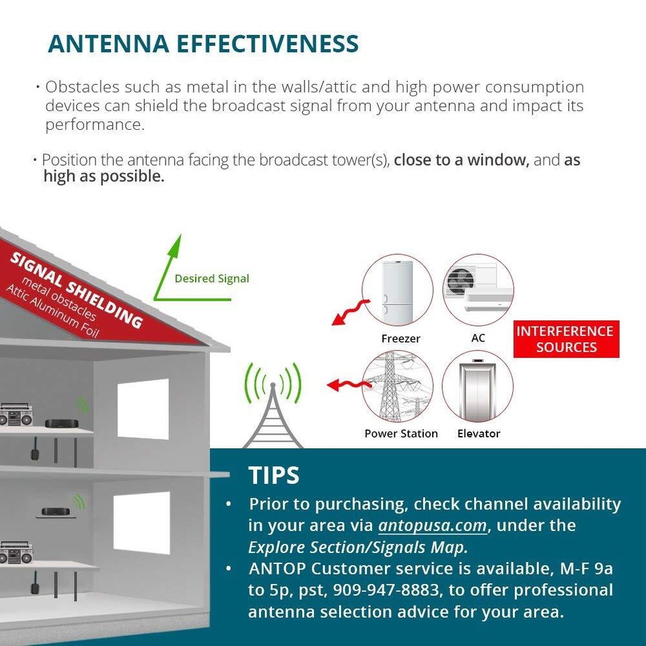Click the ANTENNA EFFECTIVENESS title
[x=203, y=44]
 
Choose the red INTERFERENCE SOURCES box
[x=565, y=339]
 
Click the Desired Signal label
[x=212, y=279]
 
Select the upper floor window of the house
[x=143, y=408]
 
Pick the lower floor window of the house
[x=141, y=522]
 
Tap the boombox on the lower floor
[x=13, y=552]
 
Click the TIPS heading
[x=274, y=475]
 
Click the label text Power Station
[x=401, y=433]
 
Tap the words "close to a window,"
[x=462, y=161]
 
